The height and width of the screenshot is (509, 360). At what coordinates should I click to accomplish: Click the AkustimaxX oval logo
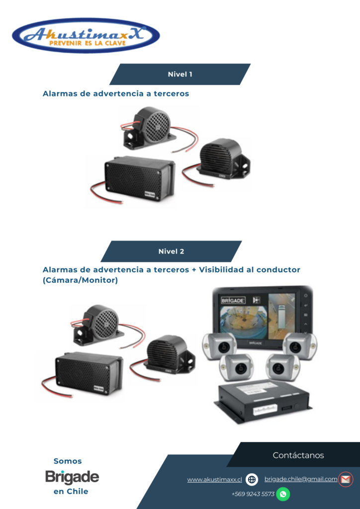click(x=86, y=35)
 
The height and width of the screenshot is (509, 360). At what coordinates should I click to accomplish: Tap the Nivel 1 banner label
click(x=180, y=75)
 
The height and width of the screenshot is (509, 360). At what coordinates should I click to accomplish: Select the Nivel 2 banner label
click(x=172, y=252)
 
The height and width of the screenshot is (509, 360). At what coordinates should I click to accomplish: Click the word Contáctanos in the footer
click(x=298, y=455)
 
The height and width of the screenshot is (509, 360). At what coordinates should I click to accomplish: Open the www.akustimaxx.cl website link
click(x=215, y=480)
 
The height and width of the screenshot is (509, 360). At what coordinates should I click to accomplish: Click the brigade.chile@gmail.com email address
click(x=301, y=479)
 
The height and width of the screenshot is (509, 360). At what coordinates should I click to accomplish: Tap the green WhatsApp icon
click(x=283, y=494)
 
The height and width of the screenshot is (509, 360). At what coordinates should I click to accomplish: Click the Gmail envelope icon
click(x=346, y=480)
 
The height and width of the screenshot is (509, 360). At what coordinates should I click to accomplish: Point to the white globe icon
click(x=252, y=480)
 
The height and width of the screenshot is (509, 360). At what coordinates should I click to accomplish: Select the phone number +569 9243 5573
click(x=253, y=494)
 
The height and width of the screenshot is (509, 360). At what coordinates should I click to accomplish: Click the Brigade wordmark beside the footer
click(x=72, y=477)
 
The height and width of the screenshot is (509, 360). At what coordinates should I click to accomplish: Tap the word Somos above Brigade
click(x=68, y=461)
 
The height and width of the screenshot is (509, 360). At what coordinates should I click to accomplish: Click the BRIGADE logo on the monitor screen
click(x=233, y=300)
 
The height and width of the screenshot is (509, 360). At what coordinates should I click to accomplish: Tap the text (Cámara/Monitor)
click(x=80, y=280)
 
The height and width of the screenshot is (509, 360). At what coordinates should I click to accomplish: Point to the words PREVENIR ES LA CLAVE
click(x=88, y=43)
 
